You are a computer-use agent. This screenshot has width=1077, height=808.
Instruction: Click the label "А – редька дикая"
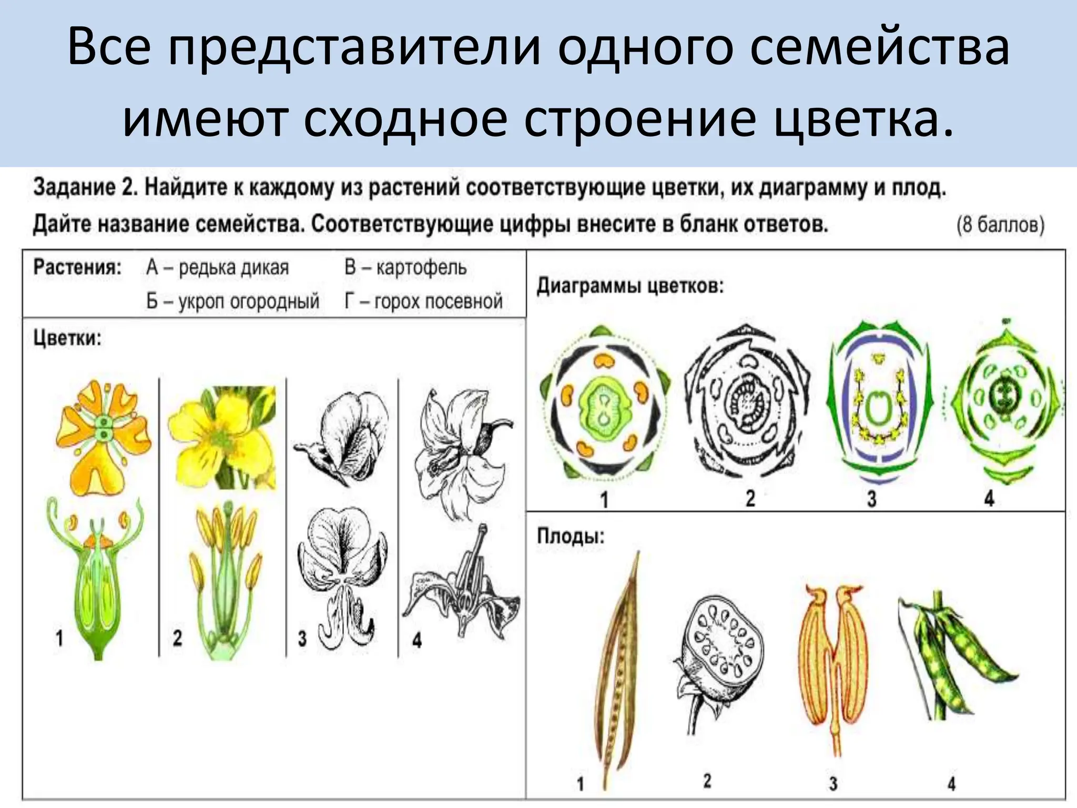[217, 268]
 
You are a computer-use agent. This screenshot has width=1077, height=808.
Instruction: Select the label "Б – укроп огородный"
[232, 301]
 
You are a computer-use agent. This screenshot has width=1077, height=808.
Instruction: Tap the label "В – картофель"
[405, 268]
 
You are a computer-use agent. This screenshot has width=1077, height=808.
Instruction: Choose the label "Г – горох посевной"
[423, 301]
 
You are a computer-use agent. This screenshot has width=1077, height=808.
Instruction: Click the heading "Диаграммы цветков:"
[630, 286]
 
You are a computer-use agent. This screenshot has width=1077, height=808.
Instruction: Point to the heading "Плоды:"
[571, 536]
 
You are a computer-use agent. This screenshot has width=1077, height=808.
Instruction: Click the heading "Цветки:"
[67, 338]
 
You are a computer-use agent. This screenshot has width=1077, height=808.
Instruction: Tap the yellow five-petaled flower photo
[222, 437]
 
